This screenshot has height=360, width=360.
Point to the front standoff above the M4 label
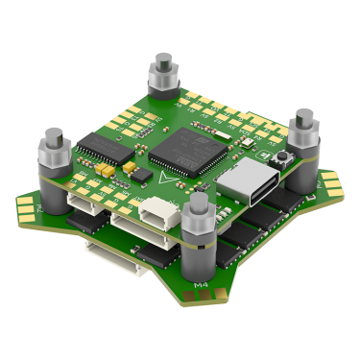[201, 223]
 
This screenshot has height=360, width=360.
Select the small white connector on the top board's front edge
[154, 207]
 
